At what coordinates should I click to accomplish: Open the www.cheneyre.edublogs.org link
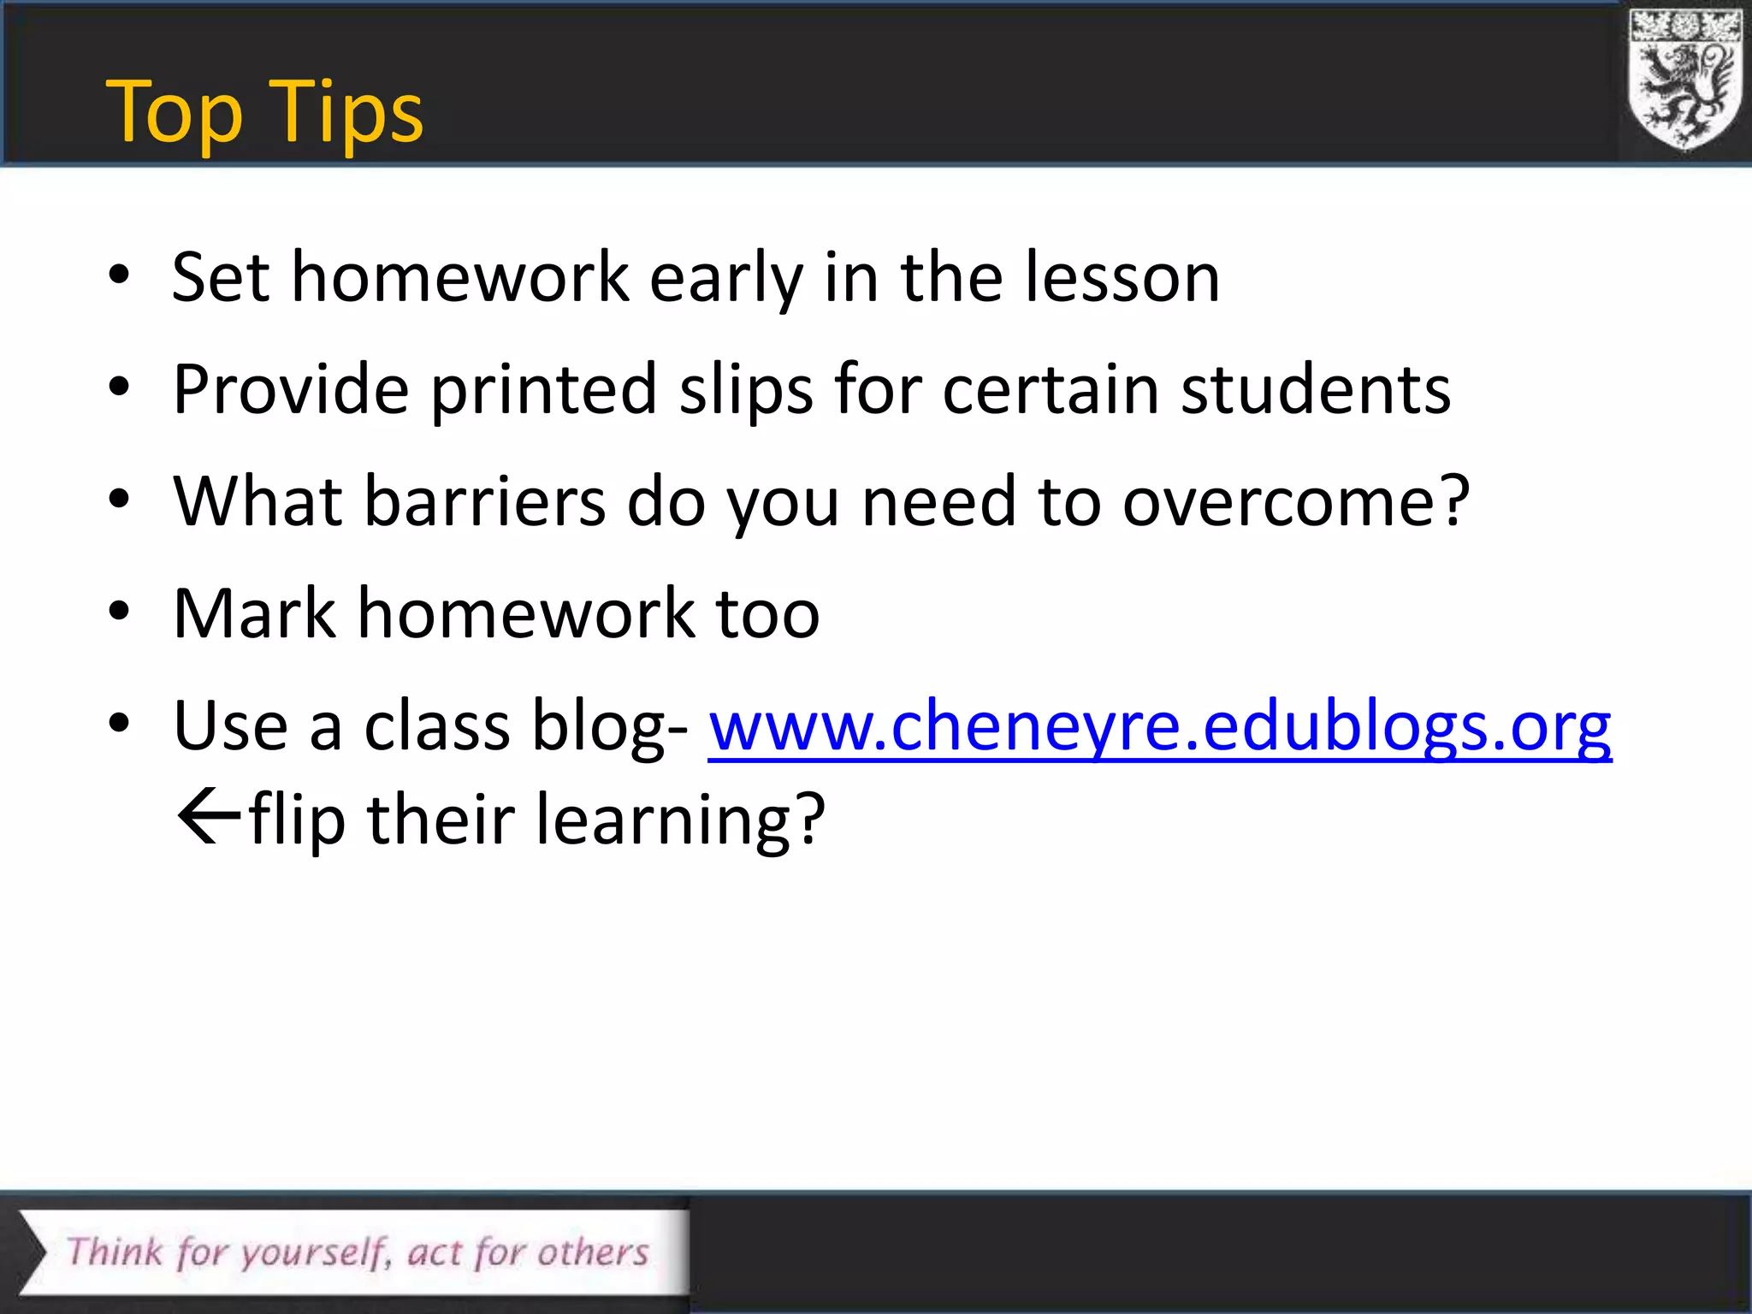click(1159, 726)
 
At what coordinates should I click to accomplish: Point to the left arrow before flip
click(208, 818)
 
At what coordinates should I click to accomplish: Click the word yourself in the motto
click(313, 1253)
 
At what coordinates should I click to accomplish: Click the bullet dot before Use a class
click(119, 724)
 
